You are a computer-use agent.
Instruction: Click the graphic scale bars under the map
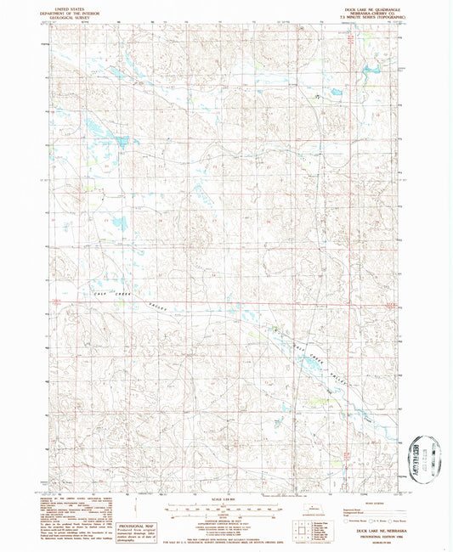tap(226, 509)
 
